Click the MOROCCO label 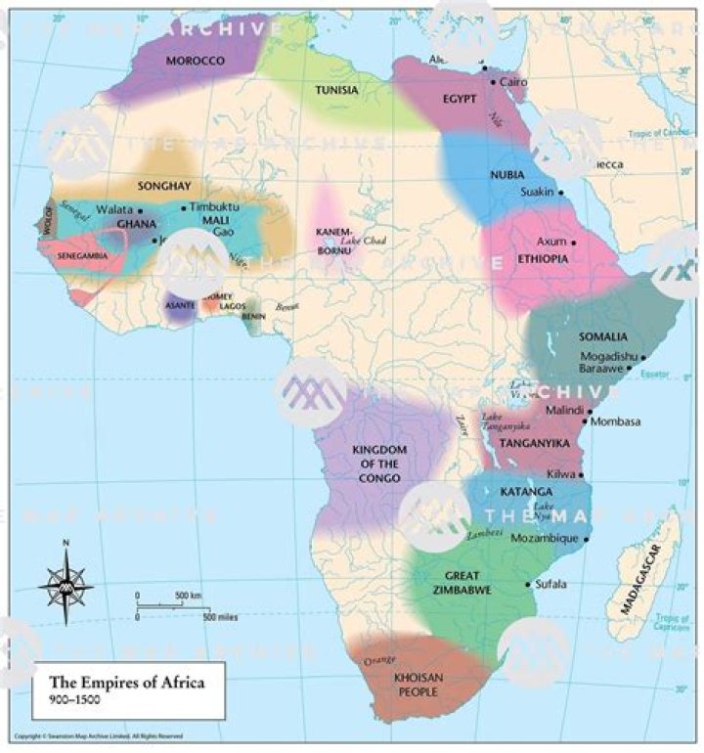196,61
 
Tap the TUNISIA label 335,90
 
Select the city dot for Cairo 493,82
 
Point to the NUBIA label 506,174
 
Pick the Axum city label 551,241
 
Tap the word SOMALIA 602,336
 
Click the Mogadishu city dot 642,357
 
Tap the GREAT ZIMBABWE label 462,583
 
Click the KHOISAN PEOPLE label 419,683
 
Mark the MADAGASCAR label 639,578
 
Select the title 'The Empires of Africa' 127,682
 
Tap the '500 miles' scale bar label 221,617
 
